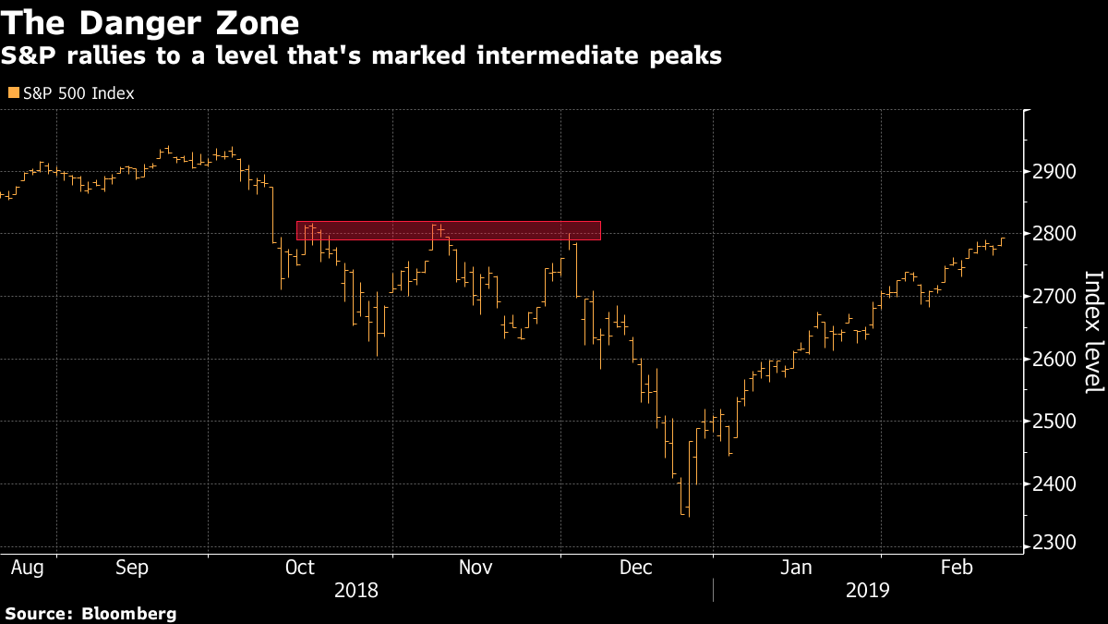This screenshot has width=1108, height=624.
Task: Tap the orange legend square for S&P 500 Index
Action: (12, 92)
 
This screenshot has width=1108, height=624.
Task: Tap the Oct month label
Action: (299, 566)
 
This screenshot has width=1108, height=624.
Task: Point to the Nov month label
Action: (476, 566)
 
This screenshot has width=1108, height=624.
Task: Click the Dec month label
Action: (637, 566)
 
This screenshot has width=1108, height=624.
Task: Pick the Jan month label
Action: (796, 566)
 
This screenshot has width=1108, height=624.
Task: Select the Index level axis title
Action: (1093, 332)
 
